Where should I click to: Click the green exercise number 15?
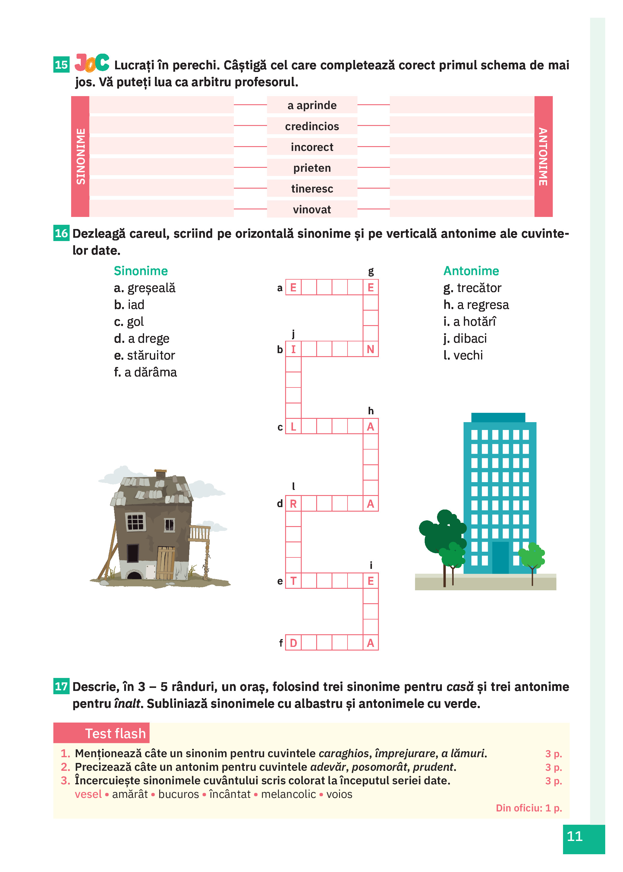tap(61, 64)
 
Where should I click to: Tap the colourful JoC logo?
tap(92, 63)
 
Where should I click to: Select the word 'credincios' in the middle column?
tap(312, 126)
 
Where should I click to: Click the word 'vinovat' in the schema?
tap(312, 209)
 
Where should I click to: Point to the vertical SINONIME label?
tap(80, 156)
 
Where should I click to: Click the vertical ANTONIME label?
tap(543, 156)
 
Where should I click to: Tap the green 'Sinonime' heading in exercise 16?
tap(141, 271)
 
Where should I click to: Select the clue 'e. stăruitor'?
tap(144, 355)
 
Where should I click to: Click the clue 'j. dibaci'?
tap(465, 338)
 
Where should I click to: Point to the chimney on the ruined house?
tap(160, 474)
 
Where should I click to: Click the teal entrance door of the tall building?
tap(500, 557)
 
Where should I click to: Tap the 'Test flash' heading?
tap(115, 733)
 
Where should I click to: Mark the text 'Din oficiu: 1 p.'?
tap(529, 808)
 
